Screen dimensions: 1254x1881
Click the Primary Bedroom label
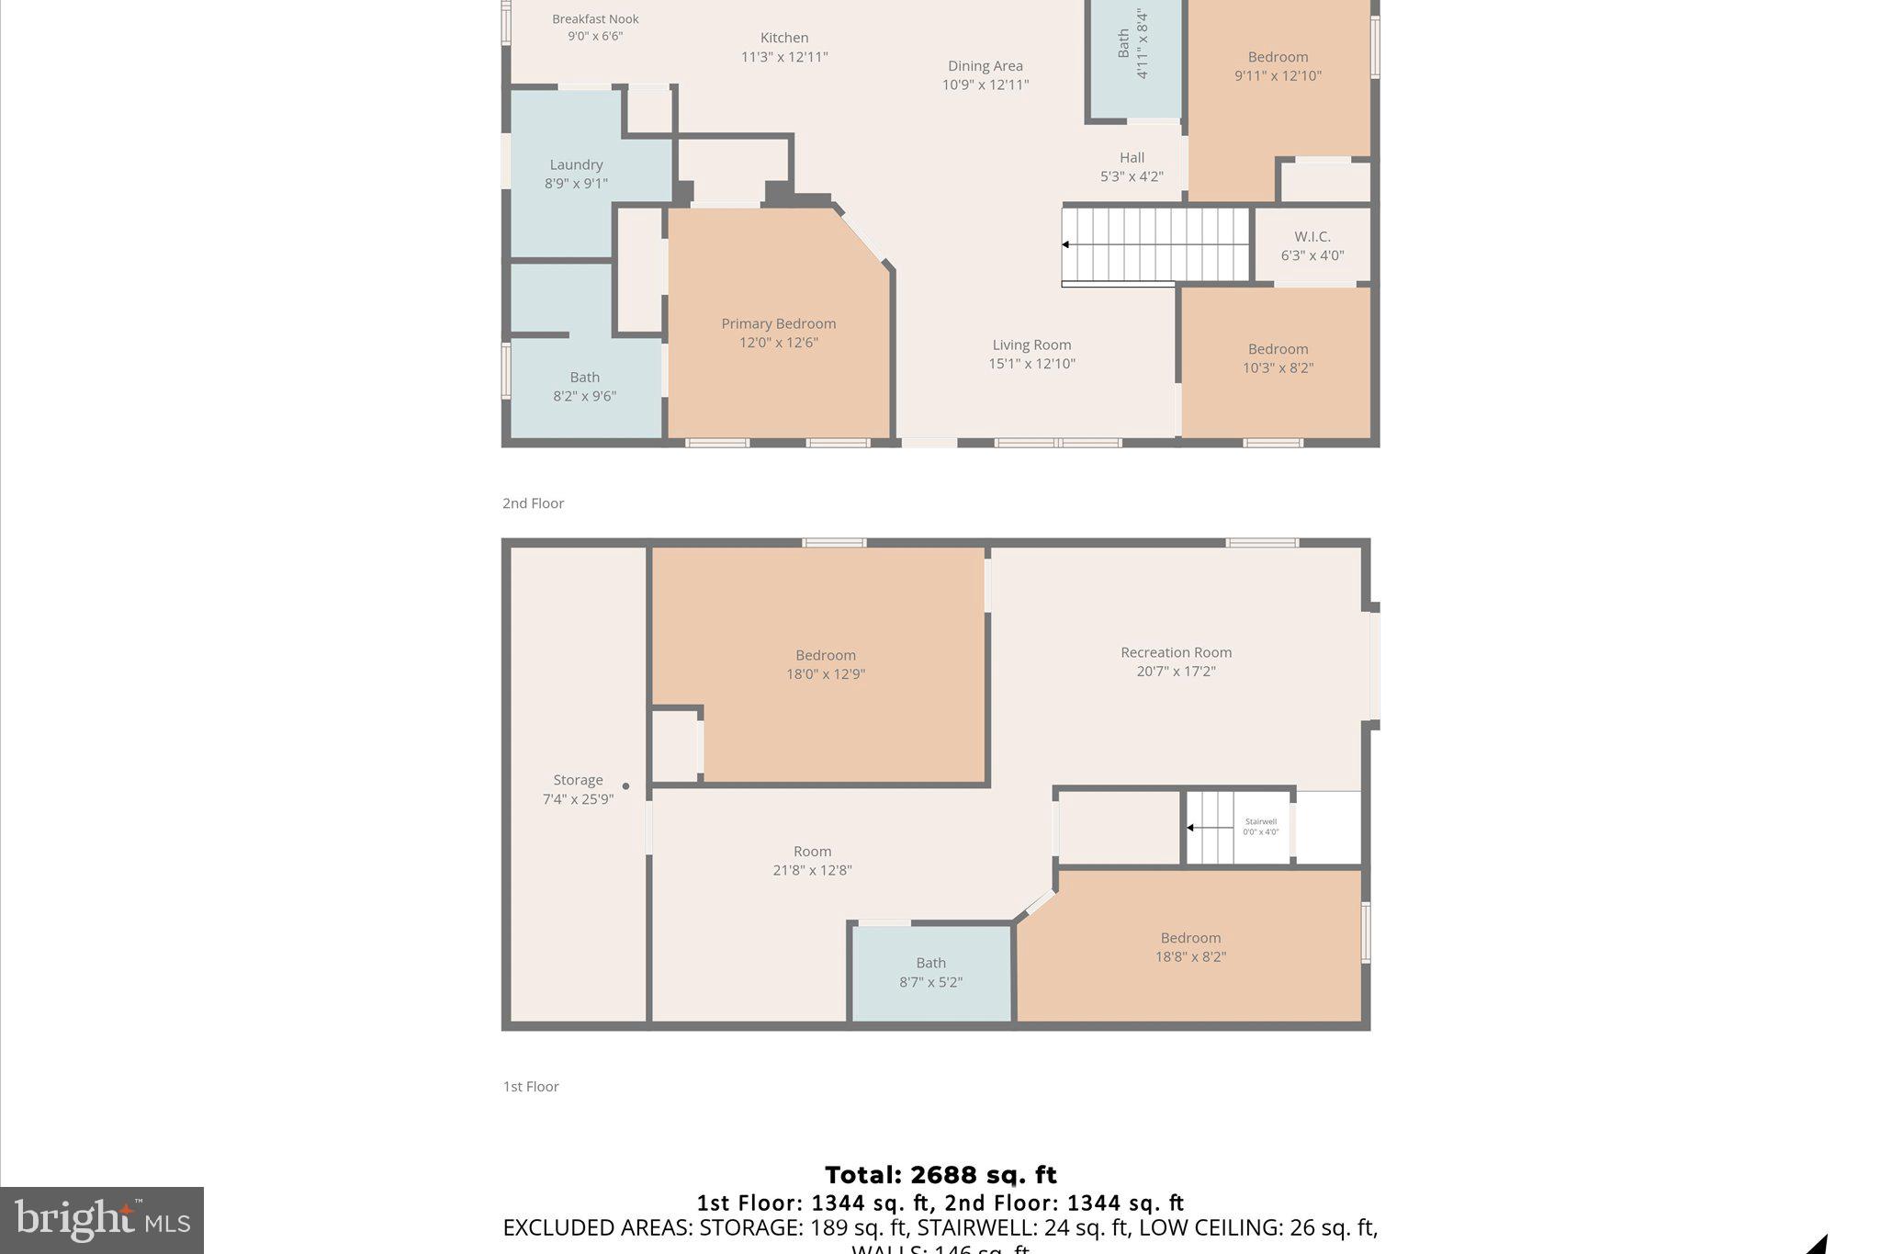[x=778, y=324]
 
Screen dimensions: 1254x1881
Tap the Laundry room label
[x=576, y=165]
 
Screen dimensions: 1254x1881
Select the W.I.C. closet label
[x=1312, y=237]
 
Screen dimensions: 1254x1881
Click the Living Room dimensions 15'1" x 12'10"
[x=1031, y=364]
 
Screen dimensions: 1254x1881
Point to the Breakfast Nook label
[x=595, y=19]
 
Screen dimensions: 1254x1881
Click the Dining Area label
[x=985, y=66]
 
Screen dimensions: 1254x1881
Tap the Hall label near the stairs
[x=1132, y=158]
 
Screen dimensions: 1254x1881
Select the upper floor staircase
[x=1155, y=244]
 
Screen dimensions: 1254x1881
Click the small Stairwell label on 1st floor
[x=1260, y=822]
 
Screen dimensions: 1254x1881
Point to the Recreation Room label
[x=1176, y=652]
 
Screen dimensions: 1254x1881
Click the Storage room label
[x=578, y=780]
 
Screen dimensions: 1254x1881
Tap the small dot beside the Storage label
[x=626, y=786]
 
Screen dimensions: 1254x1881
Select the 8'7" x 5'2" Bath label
[x=930, y=972]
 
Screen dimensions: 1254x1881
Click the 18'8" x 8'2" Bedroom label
[x=1190, y=947]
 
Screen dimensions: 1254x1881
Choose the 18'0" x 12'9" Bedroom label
[x=825, y=664]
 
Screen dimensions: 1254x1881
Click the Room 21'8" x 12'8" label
[x=812, y=861]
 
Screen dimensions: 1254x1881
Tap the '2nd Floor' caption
[x=533, y=503]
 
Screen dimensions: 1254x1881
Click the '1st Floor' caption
[x=531, y=1087]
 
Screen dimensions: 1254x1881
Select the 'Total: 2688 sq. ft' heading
[x=940, y=1175]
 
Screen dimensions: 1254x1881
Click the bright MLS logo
[x=102, y=1220]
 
